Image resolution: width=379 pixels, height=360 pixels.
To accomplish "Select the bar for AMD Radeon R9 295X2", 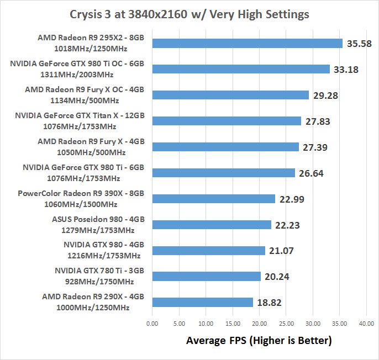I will [248, 43].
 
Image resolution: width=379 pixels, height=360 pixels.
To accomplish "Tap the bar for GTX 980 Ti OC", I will [241, 69].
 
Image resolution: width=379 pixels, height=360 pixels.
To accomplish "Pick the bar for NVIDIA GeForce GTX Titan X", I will [227, 121].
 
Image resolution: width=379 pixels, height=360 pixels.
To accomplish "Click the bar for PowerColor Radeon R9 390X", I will [213, 199].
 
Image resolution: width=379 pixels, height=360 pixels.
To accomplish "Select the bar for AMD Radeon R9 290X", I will [202, 302].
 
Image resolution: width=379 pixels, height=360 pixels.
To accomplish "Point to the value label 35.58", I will [359, 43].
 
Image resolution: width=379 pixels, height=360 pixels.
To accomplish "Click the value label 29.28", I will [325, 95].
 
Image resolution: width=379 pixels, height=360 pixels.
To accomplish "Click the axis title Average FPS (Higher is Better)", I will [259, 341].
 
